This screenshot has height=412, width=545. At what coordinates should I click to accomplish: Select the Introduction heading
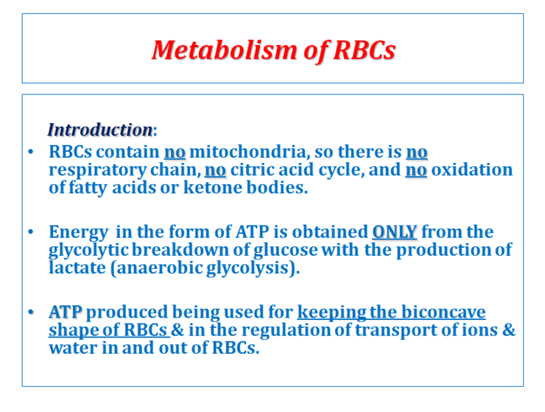tap(99, 130)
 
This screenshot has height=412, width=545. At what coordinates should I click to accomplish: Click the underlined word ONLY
tap(395, 233)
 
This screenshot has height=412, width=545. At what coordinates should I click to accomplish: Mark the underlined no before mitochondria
tap(175, 153)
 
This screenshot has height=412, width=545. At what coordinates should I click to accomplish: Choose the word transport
tap(390, 329)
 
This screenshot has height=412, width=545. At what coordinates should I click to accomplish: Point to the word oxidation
tap(471, 170)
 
